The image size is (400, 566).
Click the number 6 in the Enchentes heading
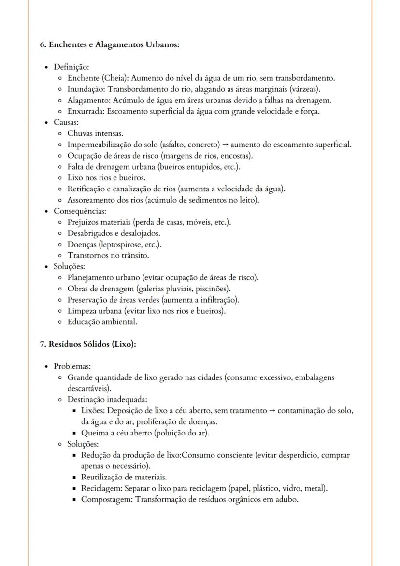coord(42,44)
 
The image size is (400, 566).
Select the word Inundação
coord(86,89)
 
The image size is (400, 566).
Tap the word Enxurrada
coord(86,111)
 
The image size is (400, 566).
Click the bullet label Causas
coord(66,122)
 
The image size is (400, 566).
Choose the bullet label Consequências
coord(80,211)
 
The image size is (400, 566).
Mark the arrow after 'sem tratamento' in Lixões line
coord(272,411)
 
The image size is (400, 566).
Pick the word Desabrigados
coord(90,233)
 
